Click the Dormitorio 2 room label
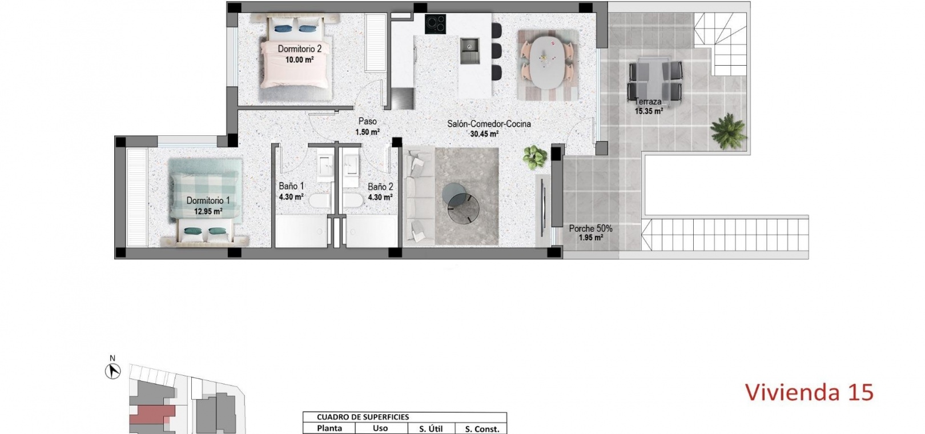point(299,49)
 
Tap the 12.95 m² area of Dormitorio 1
point(208,211)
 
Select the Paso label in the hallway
point(368,122)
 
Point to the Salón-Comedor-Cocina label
point(489,123)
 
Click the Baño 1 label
point(291,186)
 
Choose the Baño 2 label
point(380,187)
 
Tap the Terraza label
point(648,102)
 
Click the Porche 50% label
point(590,228)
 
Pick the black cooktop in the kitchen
point(435,24)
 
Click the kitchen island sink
point(470,51)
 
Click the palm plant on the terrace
point(729,131)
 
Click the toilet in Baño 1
point(320,202)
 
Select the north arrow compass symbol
point(112,371)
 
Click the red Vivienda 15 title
point(810,392)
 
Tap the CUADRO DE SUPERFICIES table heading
point(363,417)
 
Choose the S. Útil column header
point(431,429)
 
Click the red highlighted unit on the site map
point(151,413)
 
